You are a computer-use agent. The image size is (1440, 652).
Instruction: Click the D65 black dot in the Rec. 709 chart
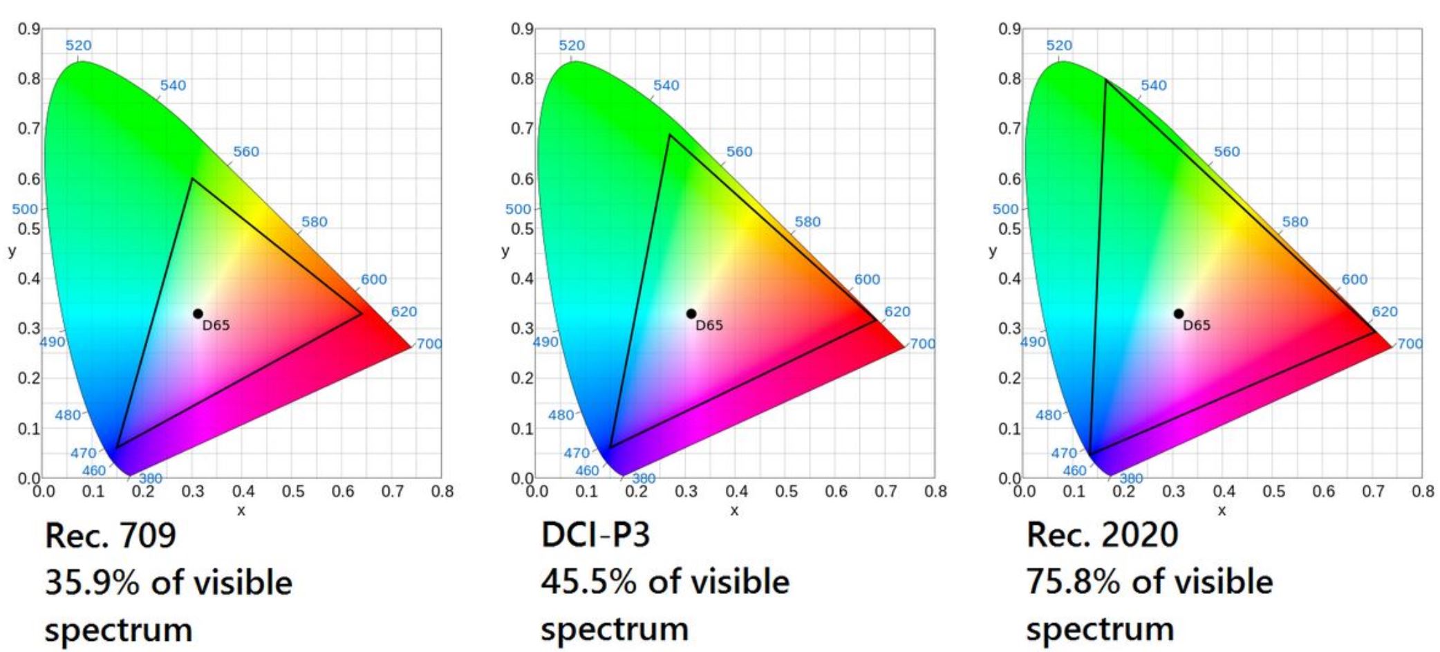click(x=198, y=314)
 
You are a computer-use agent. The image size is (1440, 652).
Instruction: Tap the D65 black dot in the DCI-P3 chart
click(x=691, y=314)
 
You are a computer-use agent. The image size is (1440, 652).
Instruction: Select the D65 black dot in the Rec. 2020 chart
click(x=1179, y=314)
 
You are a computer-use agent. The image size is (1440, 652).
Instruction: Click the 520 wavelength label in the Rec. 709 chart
click(x=78, y=46)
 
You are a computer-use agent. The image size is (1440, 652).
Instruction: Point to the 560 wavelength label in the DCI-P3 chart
click(x=739, y=152)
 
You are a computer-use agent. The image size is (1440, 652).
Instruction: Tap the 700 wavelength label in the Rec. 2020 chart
click(x=1410, y=344)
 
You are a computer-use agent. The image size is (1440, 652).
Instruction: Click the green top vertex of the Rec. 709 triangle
click(x=192, y=179)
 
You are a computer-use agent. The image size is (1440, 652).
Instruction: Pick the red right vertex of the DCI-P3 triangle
click(x=876, y=320)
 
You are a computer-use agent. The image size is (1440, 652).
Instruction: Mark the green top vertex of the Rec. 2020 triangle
click(x=1106, y=80)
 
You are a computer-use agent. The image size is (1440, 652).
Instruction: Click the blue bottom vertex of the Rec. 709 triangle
click(x=117, y=447)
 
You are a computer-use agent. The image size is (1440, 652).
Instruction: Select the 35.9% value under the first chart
click(x=92, y=582)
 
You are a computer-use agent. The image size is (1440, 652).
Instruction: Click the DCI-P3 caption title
click(x=595, y=534)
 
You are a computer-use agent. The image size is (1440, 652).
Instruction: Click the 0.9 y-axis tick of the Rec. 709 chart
click(x=28, y=29)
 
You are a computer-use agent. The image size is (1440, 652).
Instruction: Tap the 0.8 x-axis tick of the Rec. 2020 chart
click(x=1423, y=492)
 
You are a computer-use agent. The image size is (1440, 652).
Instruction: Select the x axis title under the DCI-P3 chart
click(x=734, y=511)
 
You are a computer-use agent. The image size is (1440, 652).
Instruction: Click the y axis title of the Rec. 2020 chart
click(x=993, y=251)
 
